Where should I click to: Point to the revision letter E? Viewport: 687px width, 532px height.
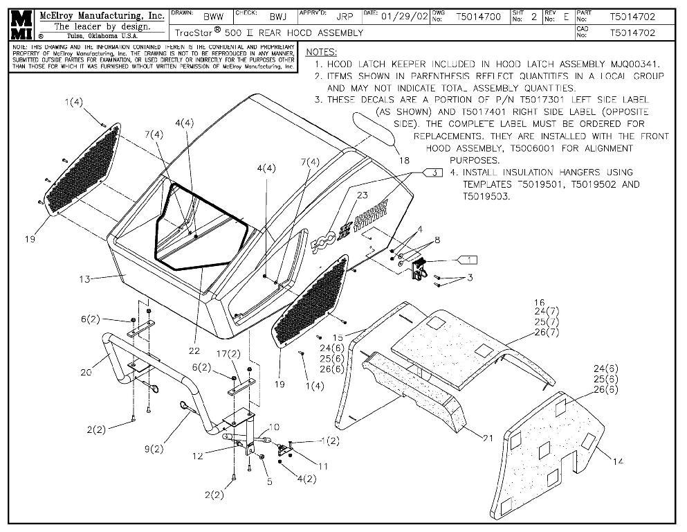coord(566,15)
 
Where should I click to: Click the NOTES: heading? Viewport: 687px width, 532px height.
coord(321,52)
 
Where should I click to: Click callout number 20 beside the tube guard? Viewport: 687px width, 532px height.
coord(86,372)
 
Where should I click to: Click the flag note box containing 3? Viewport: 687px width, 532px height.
coord(434,173)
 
